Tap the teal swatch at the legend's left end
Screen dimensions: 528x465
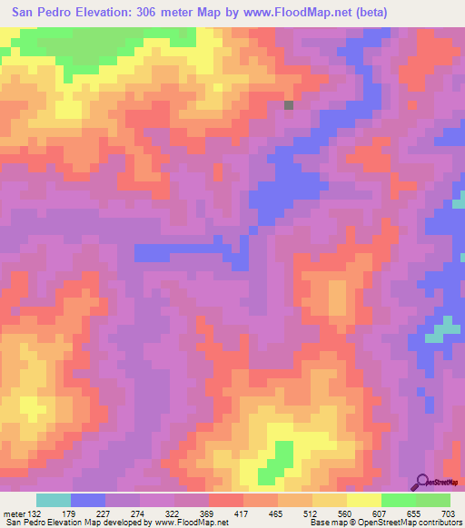click(x=54, y=500)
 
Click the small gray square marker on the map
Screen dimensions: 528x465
click(x=289, y=105)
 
